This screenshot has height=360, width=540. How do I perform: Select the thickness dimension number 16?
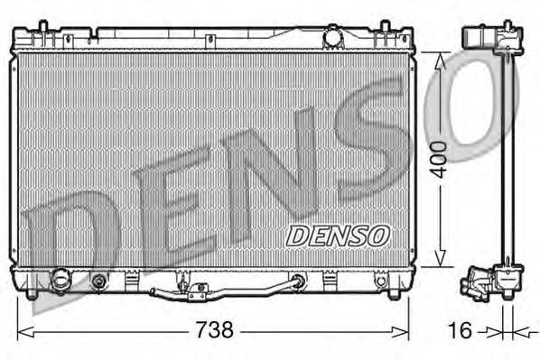[460, 330]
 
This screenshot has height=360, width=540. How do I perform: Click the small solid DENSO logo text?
[338, 235]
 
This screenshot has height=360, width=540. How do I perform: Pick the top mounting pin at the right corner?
[394, 32]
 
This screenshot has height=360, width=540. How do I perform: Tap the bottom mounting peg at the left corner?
[32, 293]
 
